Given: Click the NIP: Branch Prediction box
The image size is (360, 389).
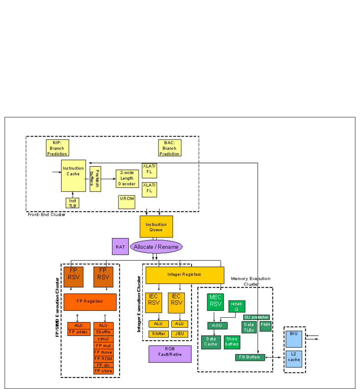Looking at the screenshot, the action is point(57,148).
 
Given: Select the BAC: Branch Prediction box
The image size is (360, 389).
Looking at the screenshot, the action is point(170,148).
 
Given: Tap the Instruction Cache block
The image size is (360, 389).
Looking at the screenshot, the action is point(73,175).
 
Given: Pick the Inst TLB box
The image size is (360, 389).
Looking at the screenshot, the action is point(72,203).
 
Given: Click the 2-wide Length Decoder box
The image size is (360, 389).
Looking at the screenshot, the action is point(127,178).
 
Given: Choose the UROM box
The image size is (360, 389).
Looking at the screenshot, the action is point(127,202).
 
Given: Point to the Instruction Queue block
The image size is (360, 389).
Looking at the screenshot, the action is point(156,227).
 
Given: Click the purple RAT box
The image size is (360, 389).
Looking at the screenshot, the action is point(120,246).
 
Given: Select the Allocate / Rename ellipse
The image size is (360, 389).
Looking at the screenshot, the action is point(156,247).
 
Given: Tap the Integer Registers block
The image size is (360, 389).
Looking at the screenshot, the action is point(185,275).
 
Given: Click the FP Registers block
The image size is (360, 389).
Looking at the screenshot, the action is point(90,302).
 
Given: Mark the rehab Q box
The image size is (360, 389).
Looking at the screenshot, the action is point(237,306).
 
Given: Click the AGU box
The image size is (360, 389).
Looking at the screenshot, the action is point(217,326).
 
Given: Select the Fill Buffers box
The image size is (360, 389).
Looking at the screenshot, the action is point(250,357).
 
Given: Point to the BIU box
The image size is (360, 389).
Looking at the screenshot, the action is point(295,338).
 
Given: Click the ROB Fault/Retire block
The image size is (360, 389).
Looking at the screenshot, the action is point(170,354).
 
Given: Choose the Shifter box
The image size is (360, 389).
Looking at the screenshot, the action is point(158,334).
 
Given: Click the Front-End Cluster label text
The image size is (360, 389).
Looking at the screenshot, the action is point(47,215).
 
